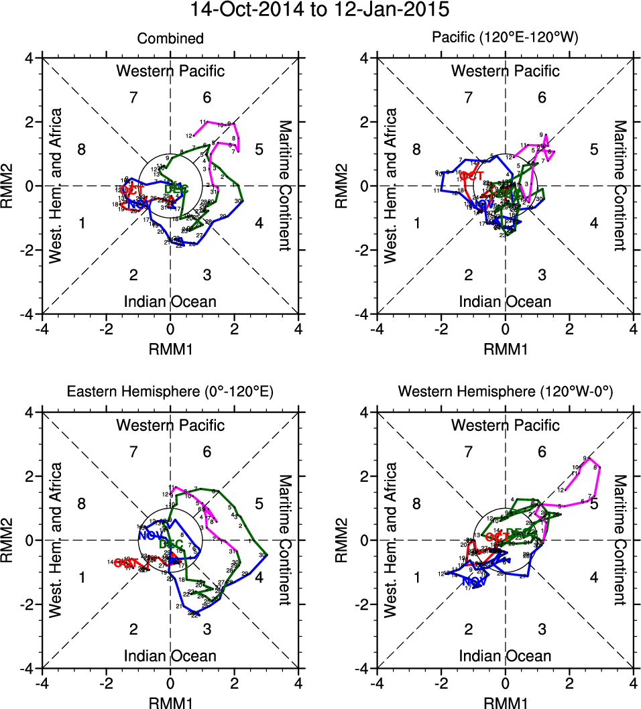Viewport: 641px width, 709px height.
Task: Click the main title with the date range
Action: point(320,11)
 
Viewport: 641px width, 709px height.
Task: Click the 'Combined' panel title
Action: point(170,39)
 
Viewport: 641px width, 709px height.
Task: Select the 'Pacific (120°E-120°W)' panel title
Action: point(505,39)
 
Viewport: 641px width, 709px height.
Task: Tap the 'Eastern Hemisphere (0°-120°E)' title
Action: point(170,393)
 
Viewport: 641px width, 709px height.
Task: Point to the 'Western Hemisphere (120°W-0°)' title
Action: point(505,393)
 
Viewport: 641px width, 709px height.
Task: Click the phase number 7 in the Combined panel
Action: point(133,97)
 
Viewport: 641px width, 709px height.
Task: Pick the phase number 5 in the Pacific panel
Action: point(593,149)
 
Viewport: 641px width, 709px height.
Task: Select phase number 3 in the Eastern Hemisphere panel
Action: point(207,629)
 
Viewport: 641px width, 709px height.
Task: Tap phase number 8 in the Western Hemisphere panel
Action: point(416,504)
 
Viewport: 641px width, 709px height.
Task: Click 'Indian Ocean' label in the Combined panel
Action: point(170,302)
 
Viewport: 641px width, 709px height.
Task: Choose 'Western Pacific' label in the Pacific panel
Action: point(505,71)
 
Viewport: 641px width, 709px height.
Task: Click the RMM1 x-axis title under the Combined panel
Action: point(170,348)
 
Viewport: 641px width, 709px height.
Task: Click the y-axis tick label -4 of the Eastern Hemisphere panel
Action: point(31,669)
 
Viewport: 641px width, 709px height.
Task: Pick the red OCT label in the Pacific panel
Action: point(472,176)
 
